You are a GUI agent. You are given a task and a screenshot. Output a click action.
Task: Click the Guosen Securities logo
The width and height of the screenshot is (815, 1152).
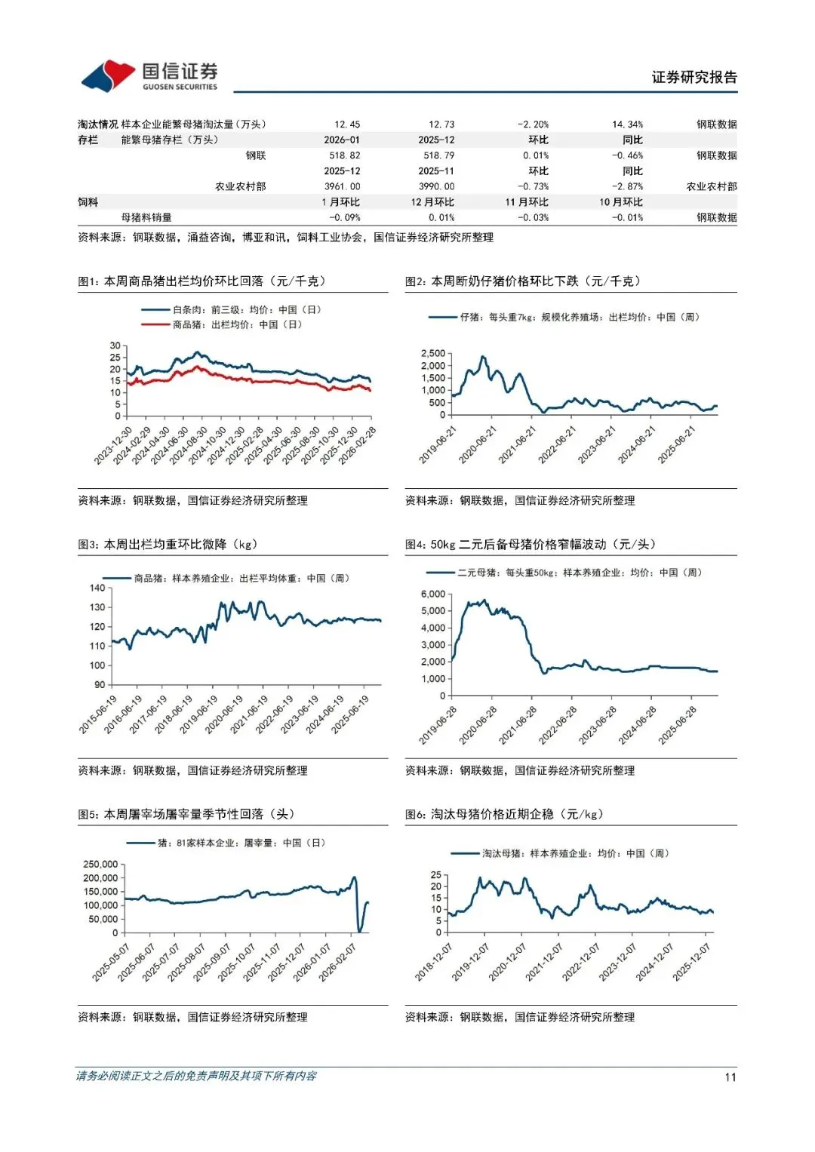149,75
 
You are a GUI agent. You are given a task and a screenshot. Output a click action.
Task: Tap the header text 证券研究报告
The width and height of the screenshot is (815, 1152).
694,77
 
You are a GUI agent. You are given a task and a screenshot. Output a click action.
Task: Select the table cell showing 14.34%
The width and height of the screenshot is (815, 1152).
627,124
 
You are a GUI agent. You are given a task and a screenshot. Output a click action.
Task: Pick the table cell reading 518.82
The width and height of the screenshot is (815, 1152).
345,155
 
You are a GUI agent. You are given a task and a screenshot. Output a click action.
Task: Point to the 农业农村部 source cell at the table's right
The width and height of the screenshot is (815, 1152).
711,186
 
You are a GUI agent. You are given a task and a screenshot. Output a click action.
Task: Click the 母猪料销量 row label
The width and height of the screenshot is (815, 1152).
146,217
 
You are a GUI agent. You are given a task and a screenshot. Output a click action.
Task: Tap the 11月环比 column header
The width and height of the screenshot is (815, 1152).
527,202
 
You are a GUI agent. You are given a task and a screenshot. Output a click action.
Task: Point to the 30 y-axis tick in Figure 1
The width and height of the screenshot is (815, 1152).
115,346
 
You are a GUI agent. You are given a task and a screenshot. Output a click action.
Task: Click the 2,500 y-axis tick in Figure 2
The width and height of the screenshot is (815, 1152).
433,353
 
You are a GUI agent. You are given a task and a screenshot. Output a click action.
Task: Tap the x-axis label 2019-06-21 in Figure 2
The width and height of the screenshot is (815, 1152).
438,444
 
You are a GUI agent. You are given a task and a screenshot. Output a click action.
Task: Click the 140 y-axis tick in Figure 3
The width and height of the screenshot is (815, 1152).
97,588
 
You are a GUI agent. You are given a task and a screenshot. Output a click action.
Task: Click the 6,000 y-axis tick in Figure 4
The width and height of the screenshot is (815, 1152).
433,594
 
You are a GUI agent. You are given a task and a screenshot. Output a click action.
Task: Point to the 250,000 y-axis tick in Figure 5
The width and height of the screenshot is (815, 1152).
100,864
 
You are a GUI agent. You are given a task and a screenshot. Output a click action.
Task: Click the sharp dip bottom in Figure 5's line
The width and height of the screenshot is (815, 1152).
360,931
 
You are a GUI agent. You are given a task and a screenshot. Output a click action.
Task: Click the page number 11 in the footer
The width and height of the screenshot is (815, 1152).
730,1077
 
